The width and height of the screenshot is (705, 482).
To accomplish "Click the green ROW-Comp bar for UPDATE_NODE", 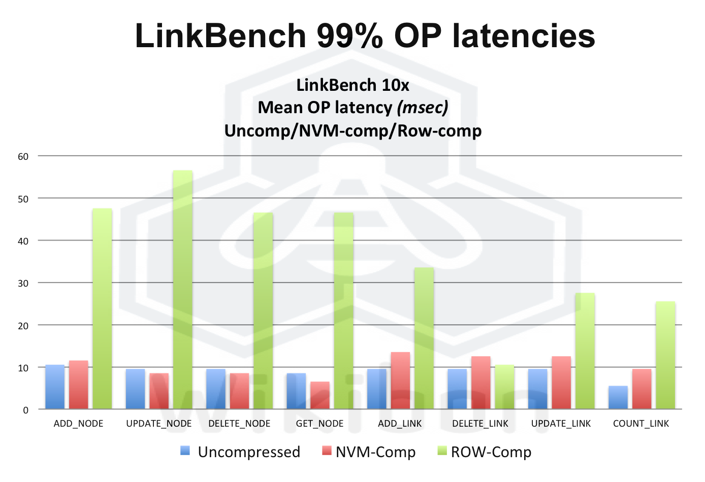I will click(x=183, y=289).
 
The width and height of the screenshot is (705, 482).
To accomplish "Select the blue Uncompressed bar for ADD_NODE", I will click(x=55, y=387).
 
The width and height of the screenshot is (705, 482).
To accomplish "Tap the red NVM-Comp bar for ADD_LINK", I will click(x=400, y=381).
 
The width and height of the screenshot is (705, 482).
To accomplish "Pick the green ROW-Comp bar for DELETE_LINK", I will click(x=504, y=387).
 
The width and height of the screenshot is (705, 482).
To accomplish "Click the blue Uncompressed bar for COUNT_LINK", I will click(x=618, y=397).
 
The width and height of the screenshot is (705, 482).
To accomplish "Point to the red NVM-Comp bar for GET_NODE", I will click(x=320, y=395).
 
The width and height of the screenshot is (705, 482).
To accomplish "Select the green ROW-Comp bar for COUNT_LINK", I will click(x=665, y=355).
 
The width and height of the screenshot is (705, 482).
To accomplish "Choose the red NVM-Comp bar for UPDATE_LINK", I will click(x=561, y=383).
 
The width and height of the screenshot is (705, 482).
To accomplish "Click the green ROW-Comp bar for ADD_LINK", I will click(x=424, y=338).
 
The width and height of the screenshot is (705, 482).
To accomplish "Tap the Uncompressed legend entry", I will click(x=241, y=452).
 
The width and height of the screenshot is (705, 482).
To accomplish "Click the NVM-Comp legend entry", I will click(x=369, y=452).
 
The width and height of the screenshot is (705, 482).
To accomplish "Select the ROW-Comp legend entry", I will click(x=485, y=452).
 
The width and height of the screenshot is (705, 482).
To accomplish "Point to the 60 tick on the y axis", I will click(x=23, y=156).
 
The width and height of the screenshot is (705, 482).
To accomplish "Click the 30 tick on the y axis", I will click(x=23, y=283).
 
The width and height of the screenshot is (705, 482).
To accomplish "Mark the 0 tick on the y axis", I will click(x=26, y=410).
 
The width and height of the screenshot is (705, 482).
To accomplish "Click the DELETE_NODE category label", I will click(x=239, y=424).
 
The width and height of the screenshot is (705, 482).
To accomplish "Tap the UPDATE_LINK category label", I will click(x=561, y=424).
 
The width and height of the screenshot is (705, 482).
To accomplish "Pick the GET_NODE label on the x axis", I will click(x=320, y=424).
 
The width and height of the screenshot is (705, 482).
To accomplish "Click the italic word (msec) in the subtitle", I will click(x=423, y=108).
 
